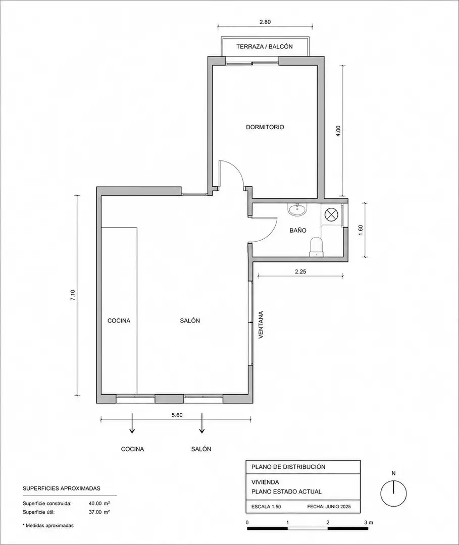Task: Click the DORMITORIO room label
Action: (x=265, y=127)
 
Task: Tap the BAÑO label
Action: (x=298, y=230)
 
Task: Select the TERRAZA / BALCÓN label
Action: (x=264, y=46)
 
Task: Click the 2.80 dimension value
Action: (x=265, y=22)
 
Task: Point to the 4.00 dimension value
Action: (x=339, y=131)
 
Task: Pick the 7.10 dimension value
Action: (x=73, y=295)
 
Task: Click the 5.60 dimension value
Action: (x=177, y=415)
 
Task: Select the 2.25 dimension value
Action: (x=300, y=272)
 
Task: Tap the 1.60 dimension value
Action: (x=360, y=230)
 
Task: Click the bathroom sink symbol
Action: (x=297, y=209)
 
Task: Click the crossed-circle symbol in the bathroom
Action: (x=330, y=213)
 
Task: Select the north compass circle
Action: (x=394, y=494)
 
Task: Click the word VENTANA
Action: (x=261, y=324)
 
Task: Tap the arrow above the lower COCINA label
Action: (x=132, y=423)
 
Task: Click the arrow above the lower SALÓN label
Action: (x=201, y=423)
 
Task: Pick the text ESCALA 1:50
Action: (x=266, y=507)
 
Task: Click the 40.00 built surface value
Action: (x=95, y=503)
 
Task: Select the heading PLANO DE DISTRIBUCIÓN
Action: (x=288, y=467)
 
